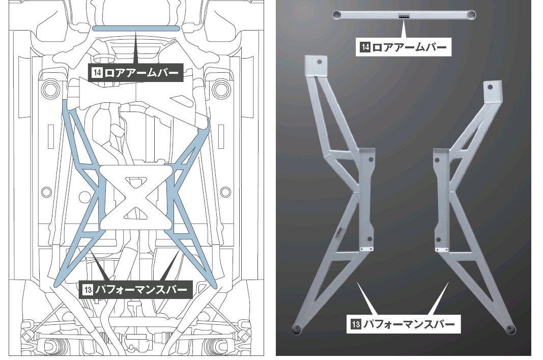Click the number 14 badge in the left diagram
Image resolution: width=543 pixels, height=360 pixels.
tap(97, 73)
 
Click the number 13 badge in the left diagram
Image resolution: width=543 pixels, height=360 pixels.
tap(87, 290)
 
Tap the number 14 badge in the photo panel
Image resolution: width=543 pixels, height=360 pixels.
tap(365, 48)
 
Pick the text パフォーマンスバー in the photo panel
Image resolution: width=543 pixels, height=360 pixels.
tap(410, 323)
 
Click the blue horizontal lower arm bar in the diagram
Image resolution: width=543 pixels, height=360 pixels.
tap(136, 29)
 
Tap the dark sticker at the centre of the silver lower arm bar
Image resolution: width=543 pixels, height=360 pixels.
tap(404, 16)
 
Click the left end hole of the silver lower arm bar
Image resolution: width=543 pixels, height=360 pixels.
tap(337, 15)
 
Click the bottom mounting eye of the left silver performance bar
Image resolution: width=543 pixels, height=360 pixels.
tap(297, 328)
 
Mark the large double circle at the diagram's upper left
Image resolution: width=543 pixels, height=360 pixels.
tap(52, 89)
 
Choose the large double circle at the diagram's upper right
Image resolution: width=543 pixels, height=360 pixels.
tap(220, 89)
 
